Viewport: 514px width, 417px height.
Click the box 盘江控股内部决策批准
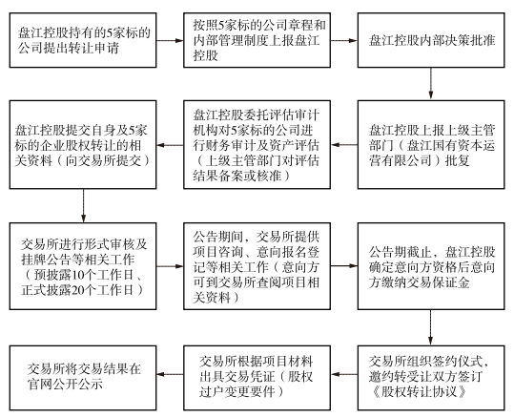431,40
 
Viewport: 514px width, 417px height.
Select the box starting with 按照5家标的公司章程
257,40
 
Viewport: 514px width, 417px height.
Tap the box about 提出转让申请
83,40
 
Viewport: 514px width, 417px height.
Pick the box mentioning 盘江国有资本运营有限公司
431,145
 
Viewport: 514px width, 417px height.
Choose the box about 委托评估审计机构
257,145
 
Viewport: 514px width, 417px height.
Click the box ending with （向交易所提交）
83,145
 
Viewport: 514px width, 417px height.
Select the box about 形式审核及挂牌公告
83,266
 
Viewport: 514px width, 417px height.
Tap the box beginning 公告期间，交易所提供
257,266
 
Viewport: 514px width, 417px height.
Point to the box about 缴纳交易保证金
431,266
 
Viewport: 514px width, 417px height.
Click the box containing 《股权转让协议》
431,378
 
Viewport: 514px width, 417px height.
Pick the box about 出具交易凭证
257,378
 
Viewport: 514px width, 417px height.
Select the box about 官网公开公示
83,378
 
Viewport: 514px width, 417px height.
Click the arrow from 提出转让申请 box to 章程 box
170,41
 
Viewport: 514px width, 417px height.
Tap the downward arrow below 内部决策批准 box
431,84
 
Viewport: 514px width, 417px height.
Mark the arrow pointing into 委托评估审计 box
344,145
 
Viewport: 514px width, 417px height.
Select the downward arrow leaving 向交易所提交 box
83,206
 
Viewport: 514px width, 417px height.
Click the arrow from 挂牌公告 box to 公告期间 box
170,266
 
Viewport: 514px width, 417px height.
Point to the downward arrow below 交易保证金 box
431,327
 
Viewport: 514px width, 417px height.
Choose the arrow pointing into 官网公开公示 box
170,374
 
